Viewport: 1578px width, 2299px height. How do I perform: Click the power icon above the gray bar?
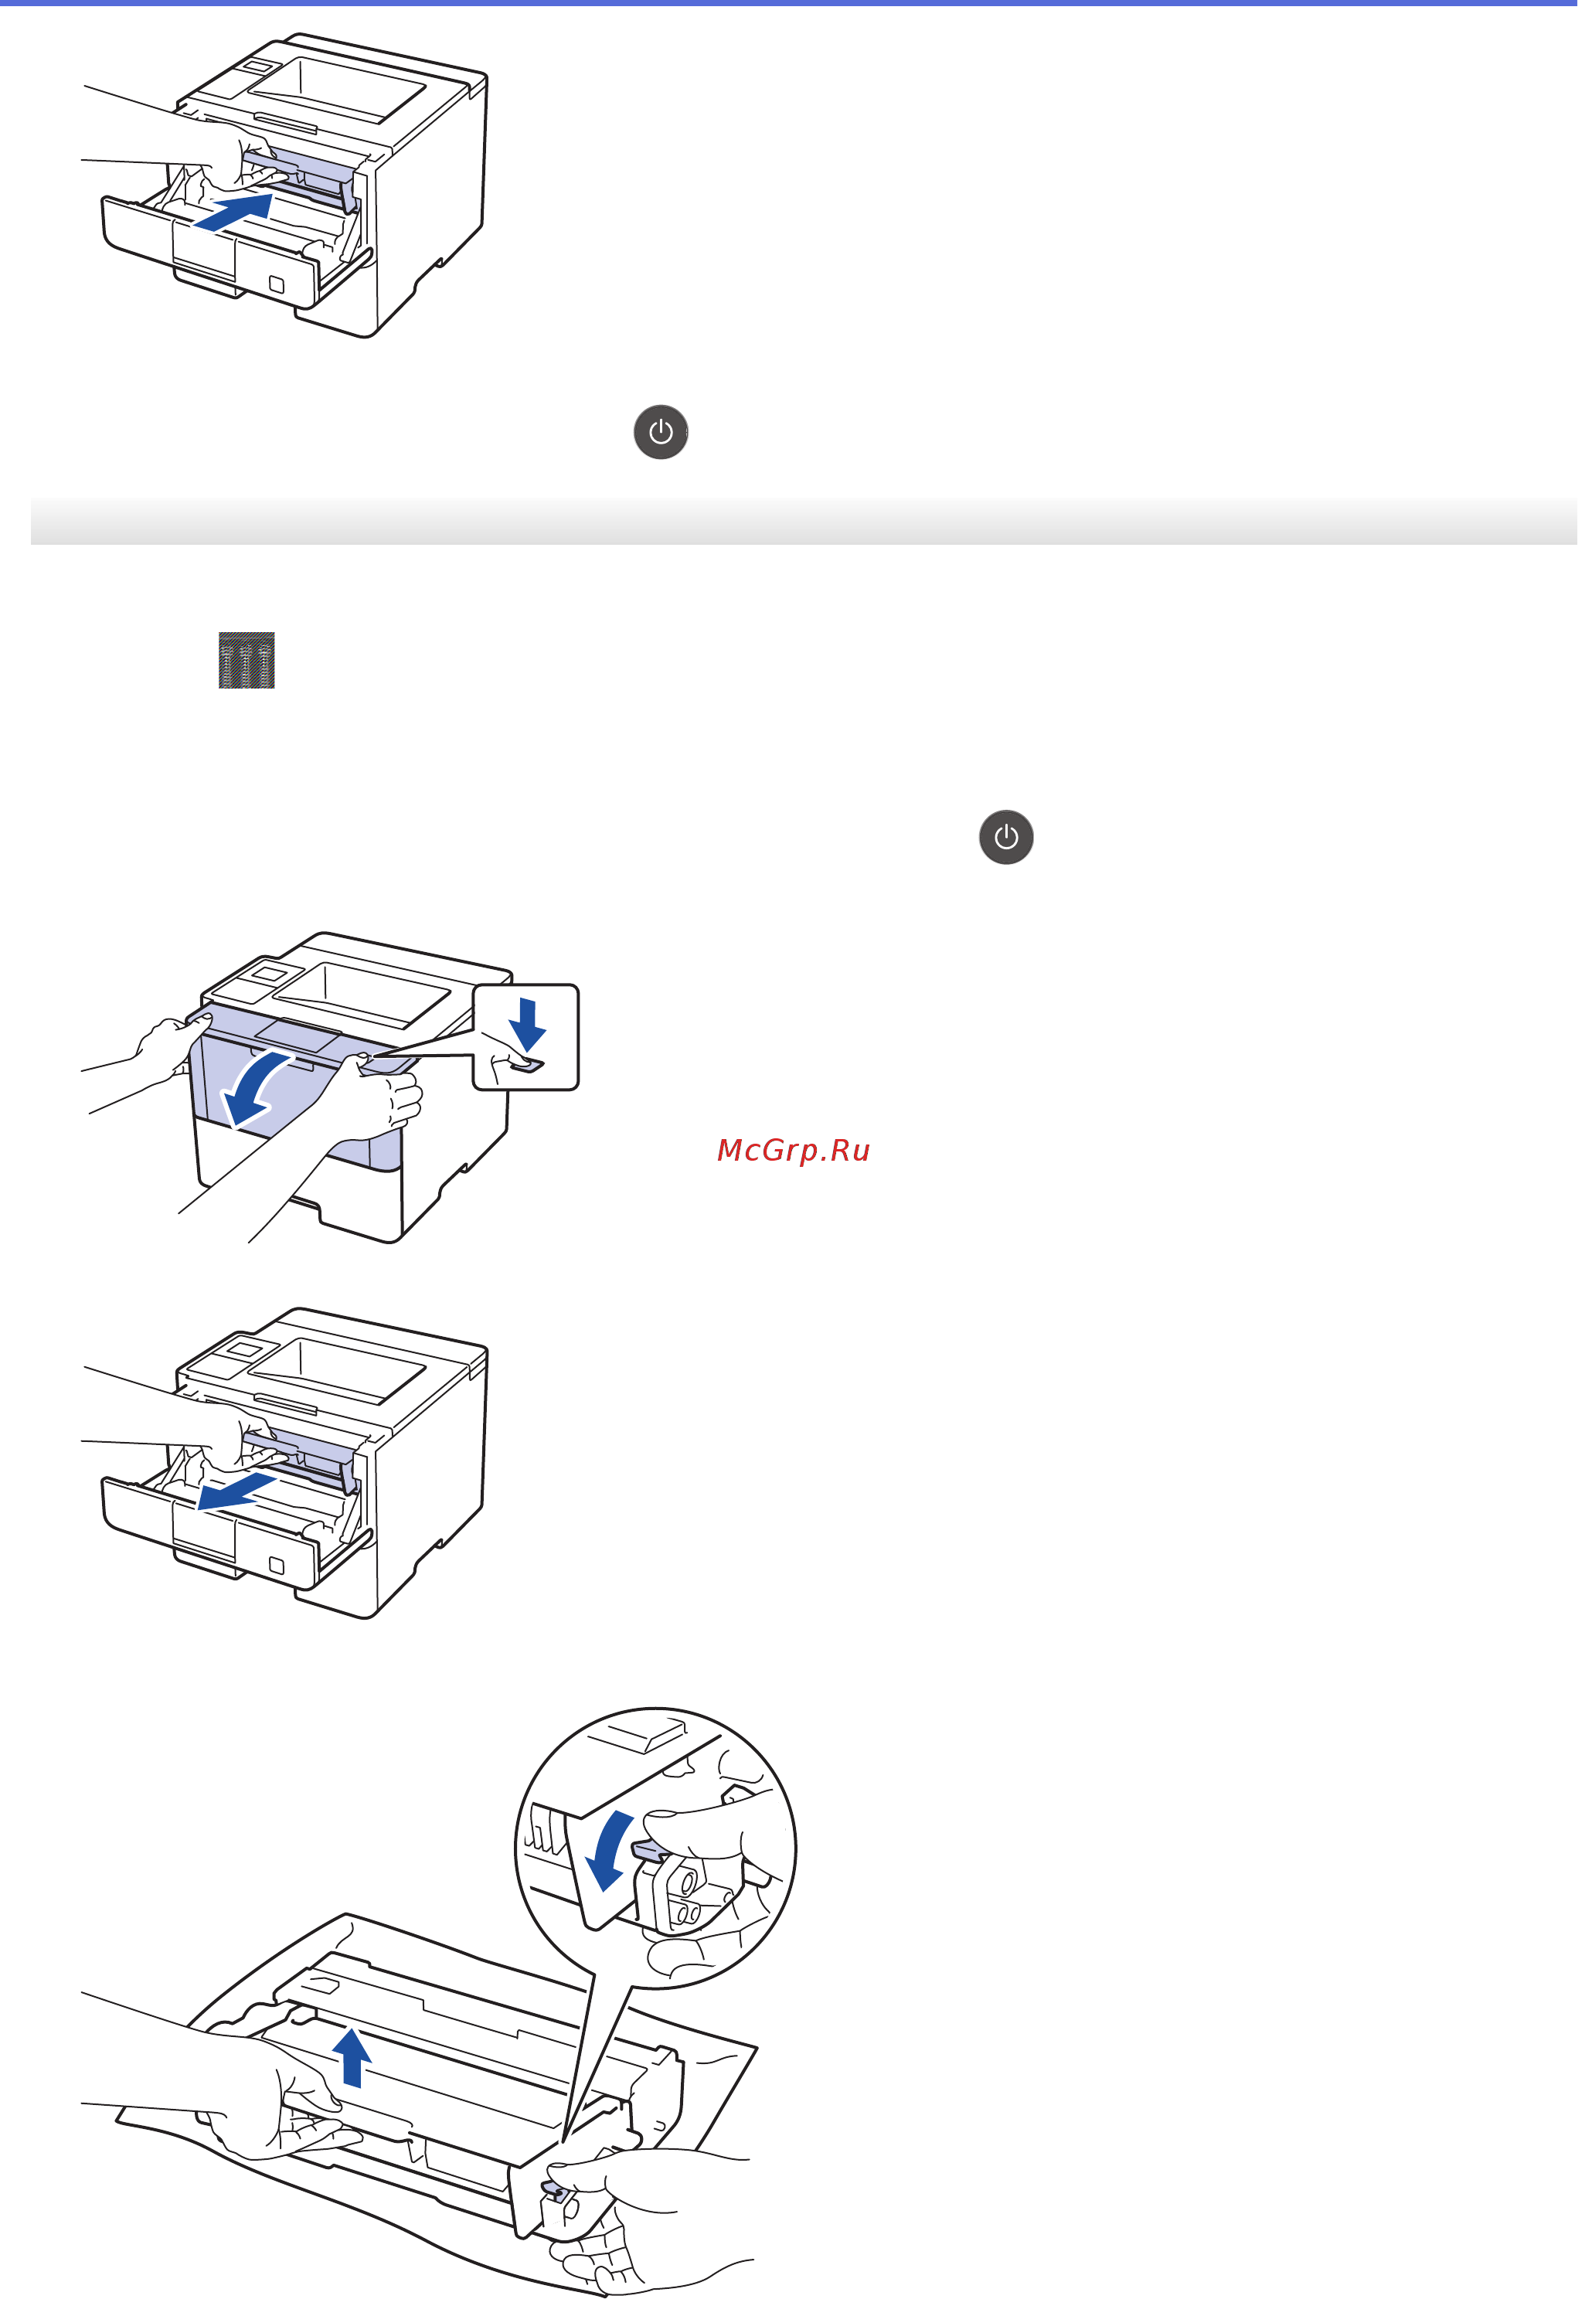pyautogui.click(x=661, y=432)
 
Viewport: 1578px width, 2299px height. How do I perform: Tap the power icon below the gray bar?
pyautogui.click(x=1006, y=837)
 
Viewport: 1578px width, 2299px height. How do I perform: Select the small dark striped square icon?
pyautogui.click(x=247, y=660)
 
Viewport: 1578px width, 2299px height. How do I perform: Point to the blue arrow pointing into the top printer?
pyautogui.click(x=233, y=212)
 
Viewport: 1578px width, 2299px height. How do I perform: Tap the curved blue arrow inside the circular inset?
pyautogui.click(x=608, y=1851)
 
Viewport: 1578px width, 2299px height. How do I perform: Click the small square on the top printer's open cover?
pyautogui.click(x=277, y=285)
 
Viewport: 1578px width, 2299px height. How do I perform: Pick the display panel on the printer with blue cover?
pyautogui.click(x=267, y=974)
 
